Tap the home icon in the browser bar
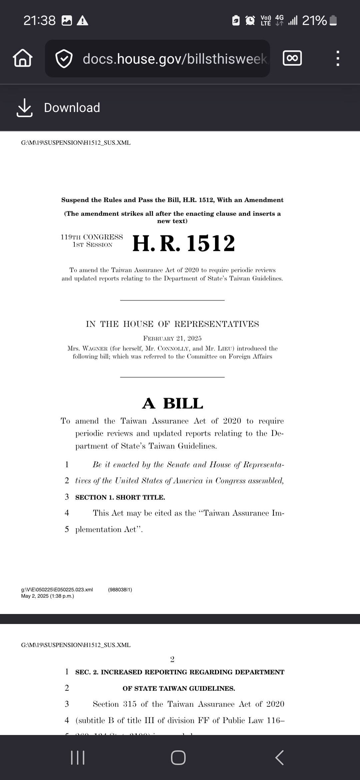coord(23,58)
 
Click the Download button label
coord(72,108)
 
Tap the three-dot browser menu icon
coord(337,58)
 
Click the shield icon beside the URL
coord(64,59)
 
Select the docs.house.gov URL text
coord(175,59)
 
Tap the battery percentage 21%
coord(314,21)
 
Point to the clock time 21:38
coord(39,21)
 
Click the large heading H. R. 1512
coord(184,243)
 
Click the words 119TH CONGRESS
coord(92,237)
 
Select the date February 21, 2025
coord(172,338)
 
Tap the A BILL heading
coord(172,403)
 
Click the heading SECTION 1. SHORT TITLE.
coord(120,497)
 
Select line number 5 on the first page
coord(67,529)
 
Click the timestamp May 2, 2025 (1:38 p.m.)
coord(47,596)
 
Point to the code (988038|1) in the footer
coord(120,589)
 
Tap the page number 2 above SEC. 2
coord(172,659)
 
